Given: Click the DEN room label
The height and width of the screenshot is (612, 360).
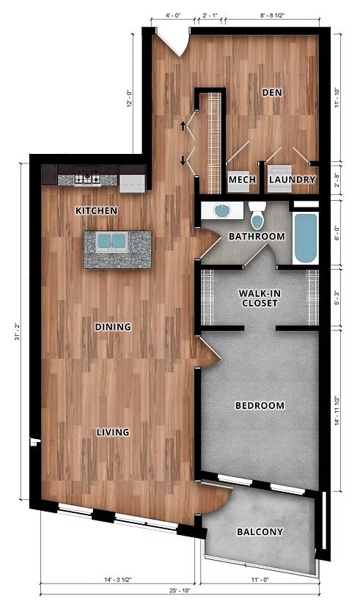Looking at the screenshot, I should (x=272, y=93).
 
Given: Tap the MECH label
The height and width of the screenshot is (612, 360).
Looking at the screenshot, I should (x=241, y=180).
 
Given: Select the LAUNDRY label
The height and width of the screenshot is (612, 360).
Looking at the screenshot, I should (x=292, y=180).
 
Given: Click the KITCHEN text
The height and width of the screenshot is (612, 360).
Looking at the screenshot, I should (x=97, y=211).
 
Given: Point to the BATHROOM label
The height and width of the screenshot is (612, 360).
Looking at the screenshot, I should (x=256, y=237).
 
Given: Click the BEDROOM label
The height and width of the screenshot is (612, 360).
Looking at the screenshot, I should (x=260, y=405).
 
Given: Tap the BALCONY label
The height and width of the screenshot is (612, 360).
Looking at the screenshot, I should (x=260, y=532).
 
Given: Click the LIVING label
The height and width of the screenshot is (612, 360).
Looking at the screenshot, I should (x=113, y=432).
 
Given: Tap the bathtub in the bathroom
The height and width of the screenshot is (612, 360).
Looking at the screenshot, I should (x=305, y=237).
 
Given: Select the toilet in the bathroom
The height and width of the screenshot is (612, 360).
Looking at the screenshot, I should (x=257, y=216).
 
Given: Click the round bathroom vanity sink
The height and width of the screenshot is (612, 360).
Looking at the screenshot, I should (x=222, y=212).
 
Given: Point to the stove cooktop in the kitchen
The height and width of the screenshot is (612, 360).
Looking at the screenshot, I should (x=88, y=177).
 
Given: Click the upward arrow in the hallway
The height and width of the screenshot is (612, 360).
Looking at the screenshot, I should (x=183, y=126).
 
